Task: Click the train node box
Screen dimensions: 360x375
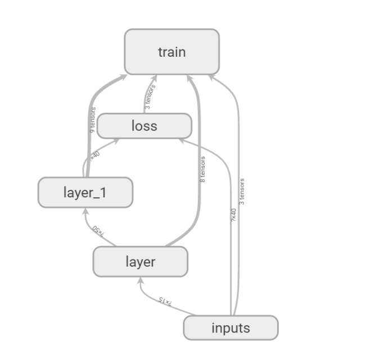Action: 171,52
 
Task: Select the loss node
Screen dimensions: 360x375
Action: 144,126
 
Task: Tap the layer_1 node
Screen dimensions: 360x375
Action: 85,193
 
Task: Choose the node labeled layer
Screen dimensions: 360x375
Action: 140,262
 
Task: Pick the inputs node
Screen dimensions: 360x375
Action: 231,328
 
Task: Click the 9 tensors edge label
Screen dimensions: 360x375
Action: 92,119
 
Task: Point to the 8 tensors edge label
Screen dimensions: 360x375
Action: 202,168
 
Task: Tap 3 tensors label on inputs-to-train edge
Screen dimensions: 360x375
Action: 242,191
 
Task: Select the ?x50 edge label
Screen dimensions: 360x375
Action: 98,230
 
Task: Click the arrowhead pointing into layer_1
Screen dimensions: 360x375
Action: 84,211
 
